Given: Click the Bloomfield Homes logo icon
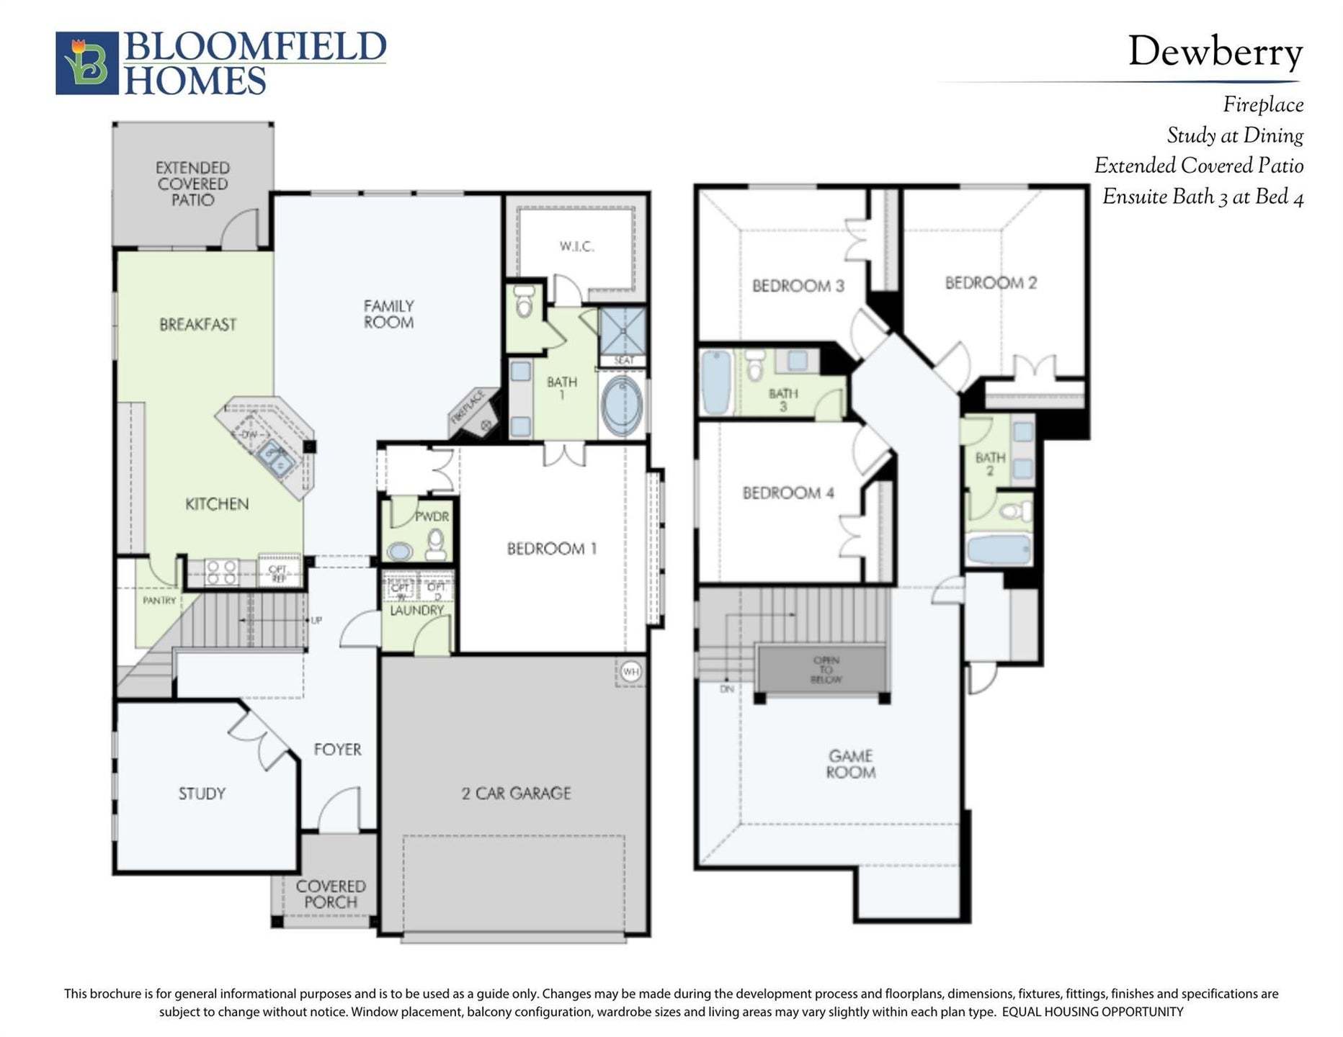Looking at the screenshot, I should click(x=86, y=63).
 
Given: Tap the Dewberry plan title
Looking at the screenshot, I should click(x=1215, y=53).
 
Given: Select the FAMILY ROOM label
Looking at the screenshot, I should click(x=388, y=314).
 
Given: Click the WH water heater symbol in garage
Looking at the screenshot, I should click(x=630, y=672).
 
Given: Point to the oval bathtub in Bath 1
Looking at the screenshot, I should click(x=622, y=405).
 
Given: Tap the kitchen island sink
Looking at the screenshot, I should click(x=275, y=458).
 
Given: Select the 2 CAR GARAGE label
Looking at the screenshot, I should click(x=516, y=793).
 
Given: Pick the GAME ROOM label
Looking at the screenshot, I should click(x=851, y=763).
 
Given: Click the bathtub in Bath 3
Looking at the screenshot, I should click(x=715, y=382).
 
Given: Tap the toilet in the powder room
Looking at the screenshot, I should click(x=435, y=544).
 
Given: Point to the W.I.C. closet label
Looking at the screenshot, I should click(x=576, y=246).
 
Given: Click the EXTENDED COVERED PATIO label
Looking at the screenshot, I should click(x=192, y=184).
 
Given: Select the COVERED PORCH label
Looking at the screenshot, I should click(x=331, y=894).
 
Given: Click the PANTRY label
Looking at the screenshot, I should click(x=159, y=600).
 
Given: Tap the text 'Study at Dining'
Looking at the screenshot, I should click(x=1234, y=135).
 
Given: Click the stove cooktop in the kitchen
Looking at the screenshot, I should click(x=221, y=572).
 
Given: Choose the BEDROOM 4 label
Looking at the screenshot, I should click(x=787, y=493).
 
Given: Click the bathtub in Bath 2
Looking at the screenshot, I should click(x=999, y=549).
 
